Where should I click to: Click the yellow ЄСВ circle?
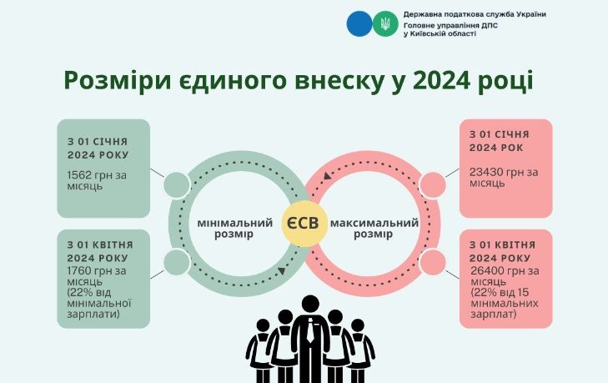pos(304,224)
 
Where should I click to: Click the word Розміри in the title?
pos(117,82)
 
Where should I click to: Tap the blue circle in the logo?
pos(359,23)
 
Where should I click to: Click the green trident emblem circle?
pos(385,23)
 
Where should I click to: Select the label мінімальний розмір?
pos(235,229)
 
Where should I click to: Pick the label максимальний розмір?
pos(374,229)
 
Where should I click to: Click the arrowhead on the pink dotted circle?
pos(327,176)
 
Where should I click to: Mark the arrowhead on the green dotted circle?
pos(282,271)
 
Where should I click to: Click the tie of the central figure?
pos(310,330)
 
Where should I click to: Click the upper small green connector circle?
pos(177,185)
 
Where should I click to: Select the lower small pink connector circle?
pos(433,262)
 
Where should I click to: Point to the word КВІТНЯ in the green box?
pos(113,245)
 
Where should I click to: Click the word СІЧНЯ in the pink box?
pos(512,134)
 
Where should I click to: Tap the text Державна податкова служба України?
pos(475,14)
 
